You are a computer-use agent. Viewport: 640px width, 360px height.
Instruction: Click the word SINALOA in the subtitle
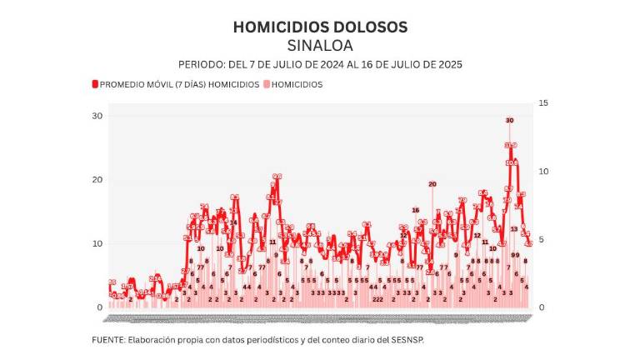[x=319, y=45]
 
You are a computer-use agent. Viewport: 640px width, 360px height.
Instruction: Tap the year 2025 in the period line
[x=447, y=64]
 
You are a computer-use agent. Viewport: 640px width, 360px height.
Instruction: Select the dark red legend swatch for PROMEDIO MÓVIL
[x=95, y=84]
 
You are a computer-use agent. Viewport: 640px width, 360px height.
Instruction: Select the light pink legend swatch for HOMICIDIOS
[x=267, y=84]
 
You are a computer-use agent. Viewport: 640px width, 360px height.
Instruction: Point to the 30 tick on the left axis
[x=97, y=115]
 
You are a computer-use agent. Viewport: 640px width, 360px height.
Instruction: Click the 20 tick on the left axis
[x=97, y=179]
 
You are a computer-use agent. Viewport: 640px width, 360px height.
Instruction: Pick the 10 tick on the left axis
[x=97, y=243]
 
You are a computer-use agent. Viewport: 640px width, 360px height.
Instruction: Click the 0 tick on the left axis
[x=99, y=307]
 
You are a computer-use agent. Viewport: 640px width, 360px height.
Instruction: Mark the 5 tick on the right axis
[x=543, y=239]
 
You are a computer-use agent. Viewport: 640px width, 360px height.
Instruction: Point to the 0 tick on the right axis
[x=543, y=307]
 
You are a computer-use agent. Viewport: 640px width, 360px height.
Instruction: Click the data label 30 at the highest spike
[x=509, y=121]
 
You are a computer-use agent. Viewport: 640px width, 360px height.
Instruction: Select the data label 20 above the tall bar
[x=432, y=183]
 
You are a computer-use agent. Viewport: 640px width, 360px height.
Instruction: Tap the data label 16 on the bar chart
[x=415, y=210]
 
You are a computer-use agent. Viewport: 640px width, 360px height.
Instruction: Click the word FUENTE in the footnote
[x=107, y=340]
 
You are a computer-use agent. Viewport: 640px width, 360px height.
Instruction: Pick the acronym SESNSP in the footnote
[x=408, y=340]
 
